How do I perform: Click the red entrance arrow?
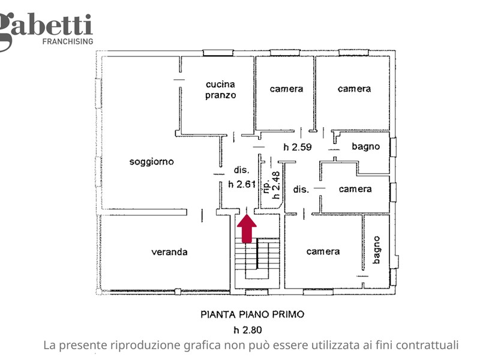247,229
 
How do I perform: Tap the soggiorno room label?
152,162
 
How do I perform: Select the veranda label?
169,252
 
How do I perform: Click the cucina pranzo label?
220,89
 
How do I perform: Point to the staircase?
257,259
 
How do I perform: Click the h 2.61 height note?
242,184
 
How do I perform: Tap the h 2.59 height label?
298,147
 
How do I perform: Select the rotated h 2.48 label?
276,185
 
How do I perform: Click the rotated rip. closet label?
266,187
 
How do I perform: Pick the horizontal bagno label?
366,146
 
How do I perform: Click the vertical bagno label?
377,250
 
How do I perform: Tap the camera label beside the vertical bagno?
323,251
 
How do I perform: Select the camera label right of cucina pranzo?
287,89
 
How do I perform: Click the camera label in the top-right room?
355,89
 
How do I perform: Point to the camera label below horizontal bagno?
355,189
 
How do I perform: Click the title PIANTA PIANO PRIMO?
253,314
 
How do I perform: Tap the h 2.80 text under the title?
248,330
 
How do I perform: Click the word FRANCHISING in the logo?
68,41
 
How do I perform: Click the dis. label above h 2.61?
242,170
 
